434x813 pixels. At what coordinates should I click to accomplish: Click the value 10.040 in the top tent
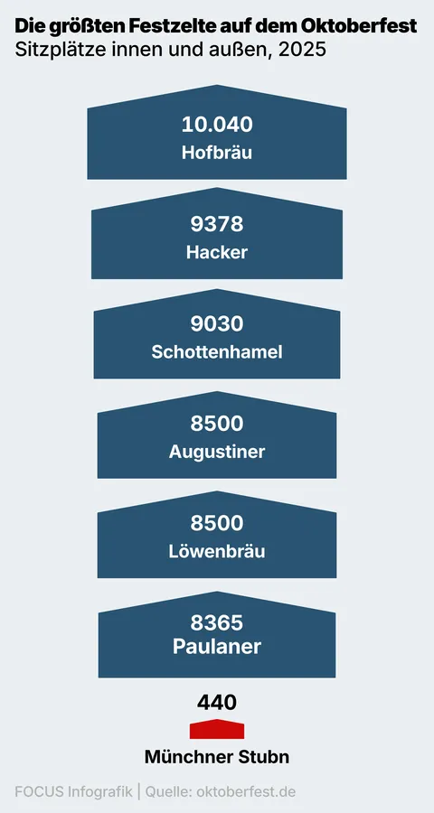(217, 125)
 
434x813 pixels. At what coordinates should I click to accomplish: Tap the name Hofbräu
(217, 153)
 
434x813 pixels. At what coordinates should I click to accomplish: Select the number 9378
(217, 225)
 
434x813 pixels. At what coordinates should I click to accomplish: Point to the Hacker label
(217, 253)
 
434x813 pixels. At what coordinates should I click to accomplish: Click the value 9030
(217, 324)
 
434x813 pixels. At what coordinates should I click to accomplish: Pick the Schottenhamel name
(217, 352)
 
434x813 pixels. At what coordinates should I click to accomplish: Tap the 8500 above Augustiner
(217, 424)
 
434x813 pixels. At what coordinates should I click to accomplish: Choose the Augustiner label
(217, 452)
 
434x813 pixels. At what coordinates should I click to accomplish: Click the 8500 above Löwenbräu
(217, 523)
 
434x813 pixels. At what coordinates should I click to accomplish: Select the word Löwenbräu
(217, 551)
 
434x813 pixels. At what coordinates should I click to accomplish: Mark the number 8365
(217, 622)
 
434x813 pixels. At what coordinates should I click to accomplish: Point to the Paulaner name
(217, 647)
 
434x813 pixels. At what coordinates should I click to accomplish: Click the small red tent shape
(217, 729)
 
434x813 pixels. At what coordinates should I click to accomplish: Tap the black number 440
(217, 703)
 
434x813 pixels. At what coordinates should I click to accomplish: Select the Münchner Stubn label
(217, 757)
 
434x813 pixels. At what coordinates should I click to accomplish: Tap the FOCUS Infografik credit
(73, 792)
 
